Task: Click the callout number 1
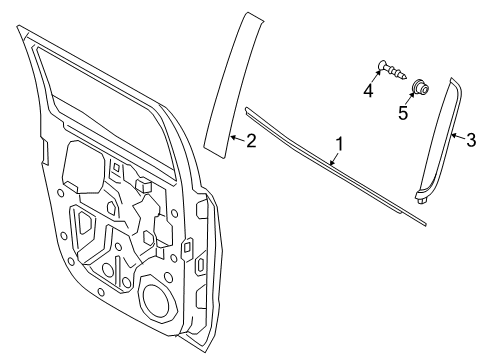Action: point(340,144)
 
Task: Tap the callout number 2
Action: point(251,141)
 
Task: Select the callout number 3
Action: point(471,141)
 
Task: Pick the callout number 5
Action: point(403,113)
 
